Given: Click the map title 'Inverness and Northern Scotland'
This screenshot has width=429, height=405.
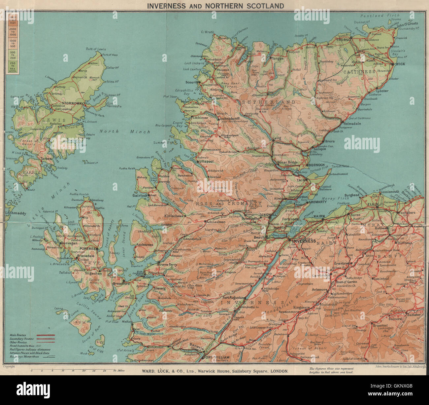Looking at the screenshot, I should (x=215, y=6).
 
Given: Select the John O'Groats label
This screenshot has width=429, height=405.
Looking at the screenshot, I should (x=407, y=24).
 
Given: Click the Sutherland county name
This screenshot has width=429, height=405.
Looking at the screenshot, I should (x=269, y=102).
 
